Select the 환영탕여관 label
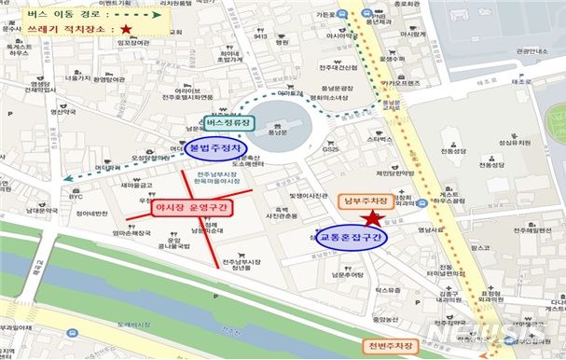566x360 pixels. click(110, 79)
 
